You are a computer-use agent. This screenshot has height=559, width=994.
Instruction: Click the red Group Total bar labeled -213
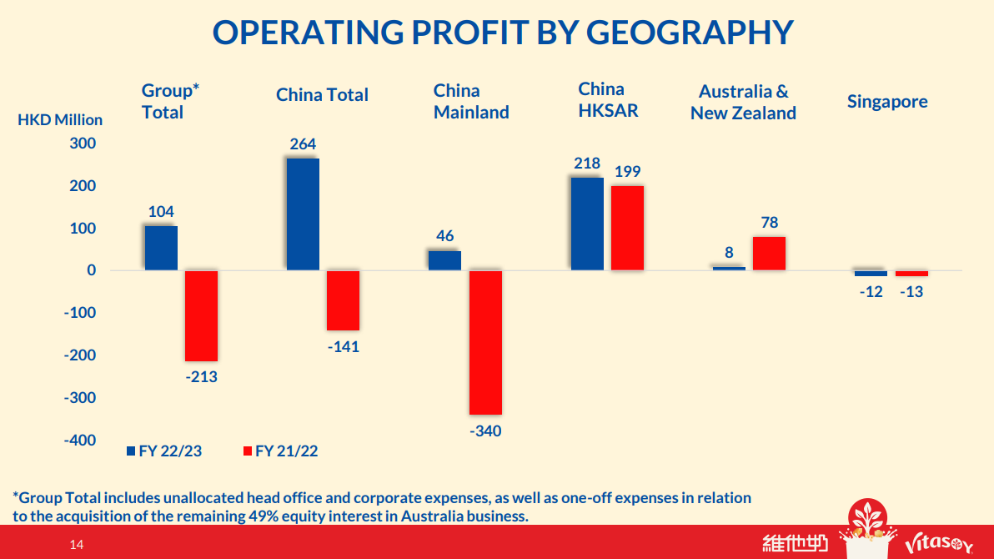click(x=201, y=315)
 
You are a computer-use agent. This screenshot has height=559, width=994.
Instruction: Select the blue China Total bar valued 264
click(x=303, y=214)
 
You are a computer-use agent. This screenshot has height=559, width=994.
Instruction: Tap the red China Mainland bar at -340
click(x=485, y=342)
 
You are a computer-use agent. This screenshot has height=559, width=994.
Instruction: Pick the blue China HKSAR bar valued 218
click(x=587, y=224)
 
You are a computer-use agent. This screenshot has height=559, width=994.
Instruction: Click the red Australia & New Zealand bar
click(x=769, y=254)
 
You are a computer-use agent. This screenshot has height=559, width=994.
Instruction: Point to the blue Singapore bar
click(x=871, y=273)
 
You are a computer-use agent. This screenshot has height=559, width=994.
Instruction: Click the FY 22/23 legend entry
click(x=164, y=451)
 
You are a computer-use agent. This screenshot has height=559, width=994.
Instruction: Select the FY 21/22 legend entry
click(x=280, y=451)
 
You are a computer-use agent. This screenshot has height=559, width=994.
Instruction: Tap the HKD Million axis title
click(x=60, y=120)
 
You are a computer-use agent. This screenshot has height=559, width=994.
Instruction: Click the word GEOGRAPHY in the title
click(x=690, y=32)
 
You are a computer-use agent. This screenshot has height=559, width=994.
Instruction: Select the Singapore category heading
click(x=887, y=102)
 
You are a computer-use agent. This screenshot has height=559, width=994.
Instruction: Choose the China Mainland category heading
click(x=471, y=102)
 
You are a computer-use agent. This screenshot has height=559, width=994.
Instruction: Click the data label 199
click(x=627, y=172)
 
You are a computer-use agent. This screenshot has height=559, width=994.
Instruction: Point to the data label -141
click(x=343, y=346)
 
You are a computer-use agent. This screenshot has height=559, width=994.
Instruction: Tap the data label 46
click(x=444, y=236)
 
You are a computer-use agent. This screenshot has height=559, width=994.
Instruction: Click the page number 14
click(x=77, y=545)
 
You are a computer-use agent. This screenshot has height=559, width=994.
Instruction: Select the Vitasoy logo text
click(x=938, y=545)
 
